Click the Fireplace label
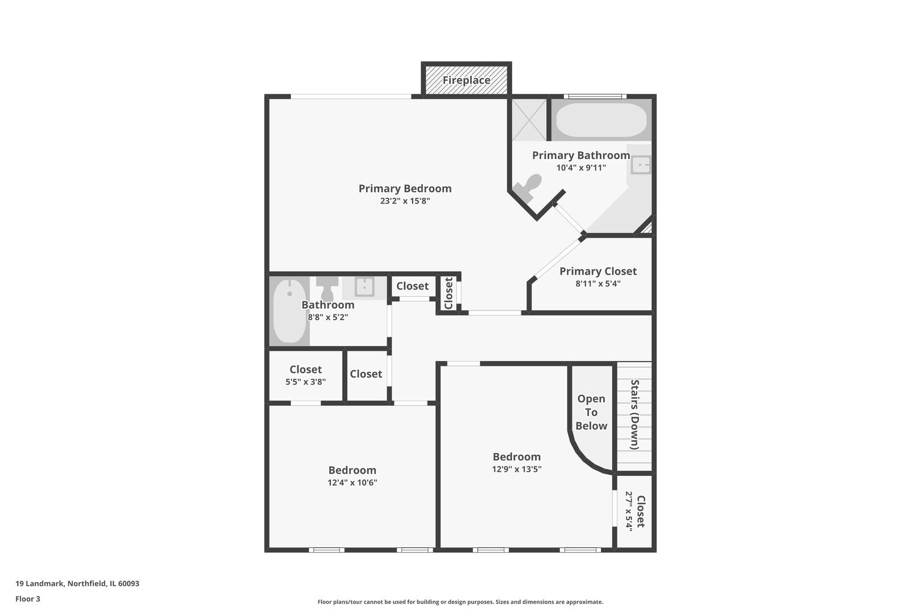[466, 80]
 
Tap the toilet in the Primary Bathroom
[528, 187]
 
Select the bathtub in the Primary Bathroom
[601, 119]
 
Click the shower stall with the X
[529, 119]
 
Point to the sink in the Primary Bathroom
[641, 165]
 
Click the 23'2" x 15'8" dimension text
[405, 201]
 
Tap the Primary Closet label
[598, 271]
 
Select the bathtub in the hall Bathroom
[289, 311]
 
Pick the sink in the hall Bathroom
[364, 287]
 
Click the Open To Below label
[591, 412]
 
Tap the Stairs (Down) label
[634, 414]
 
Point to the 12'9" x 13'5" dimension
[516, 469]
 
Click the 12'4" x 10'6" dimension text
[352, 483]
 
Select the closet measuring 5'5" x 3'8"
[305, 375]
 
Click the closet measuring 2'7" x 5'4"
[634, 511]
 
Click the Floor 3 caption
[28, 599]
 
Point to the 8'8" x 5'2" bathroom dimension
[327, 317]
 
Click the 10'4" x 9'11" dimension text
[580, 168]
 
